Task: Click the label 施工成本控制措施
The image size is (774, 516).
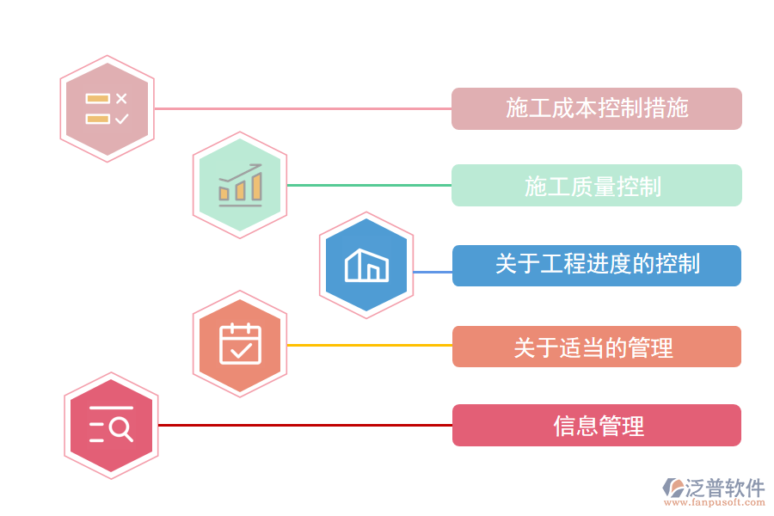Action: pyautogui.click(x=597, y=108)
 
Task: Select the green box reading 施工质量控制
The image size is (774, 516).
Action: pyautogui.click(x=597, y=185)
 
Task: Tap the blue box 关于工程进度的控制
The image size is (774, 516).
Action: pyautogui.click(x=597, y=265)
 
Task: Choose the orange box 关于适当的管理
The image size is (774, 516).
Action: pyautogui.click(x=597, y=347)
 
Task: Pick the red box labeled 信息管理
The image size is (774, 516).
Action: pyautogui.click(x=597, y=425)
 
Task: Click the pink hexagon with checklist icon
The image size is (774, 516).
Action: pyautogui.click(x=107, y=109)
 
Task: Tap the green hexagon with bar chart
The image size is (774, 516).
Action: pyautogui.click(x=240, y=185)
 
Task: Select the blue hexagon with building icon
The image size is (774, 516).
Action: pyautogui.click(x=366, y=265)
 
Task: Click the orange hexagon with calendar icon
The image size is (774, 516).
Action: pyautogui.click(x=240, y=344)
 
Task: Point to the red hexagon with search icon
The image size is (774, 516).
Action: pyautogui.click(x=111, y=425)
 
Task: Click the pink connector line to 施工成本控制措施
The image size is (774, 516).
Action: pyautogui.click(x=301, y=109)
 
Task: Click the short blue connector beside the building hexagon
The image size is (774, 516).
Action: pyautogui.click(x=433, y=273)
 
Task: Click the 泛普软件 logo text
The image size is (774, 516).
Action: pyautogui.click(x=724, y=488)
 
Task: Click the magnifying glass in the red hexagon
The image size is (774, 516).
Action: pyautogui.click(x=121, y=427)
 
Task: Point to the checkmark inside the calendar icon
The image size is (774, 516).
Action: pyautogui.click(x=241, y=349)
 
